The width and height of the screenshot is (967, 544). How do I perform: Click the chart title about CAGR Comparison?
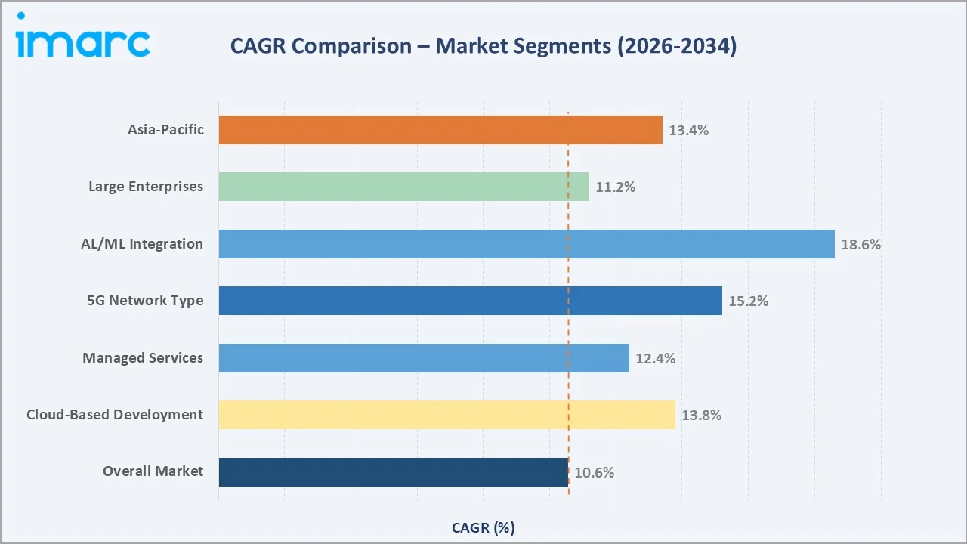coord(483,46)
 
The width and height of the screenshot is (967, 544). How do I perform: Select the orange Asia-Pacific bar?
coord(440,130)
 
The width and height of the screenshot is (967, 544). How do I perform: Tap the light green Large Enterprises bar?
coord(403,187)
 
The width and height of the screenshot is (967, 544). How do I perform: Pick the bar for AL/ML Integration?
coord(527,244)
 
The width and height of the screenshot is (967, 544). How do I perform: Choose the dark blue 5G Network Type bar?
coord(470,301)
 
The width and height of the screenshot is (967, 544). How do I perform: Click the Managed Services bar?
coord(424,358)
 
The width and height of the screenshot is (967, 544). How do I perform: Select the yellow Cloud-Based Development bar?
coord(446,415)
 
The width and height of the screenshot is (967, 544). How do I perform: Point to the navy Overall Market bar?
coord(393,472)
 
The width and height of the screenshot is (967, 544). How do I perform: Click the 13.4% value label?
coord(688,130)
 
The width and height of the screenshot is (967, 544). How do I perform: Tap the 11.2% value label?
coord(615,187)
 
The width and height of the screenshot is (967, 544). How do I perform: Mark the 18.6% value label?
coord(860,245)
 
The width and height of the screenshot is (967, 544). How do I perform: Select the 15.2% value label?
coord(748,301)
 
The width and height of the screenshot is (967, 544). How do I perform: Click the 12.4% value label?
coord(655,359)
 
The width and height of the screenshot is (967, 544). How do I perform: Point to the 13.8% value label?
coord(701,416)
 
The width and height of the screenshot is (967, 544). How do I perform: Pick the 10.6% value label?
coord(594,473)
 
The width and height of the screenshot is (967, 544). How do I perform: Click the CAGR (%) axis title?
coord(483,527)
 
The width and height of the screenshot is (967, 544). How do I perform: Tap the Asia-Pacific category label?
coord(165,130)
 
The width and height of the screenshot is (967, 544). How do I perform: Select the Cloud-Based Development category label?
coord(115,415)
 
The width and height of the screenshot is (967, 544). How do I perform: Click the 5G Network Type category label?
coord(145,301)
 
